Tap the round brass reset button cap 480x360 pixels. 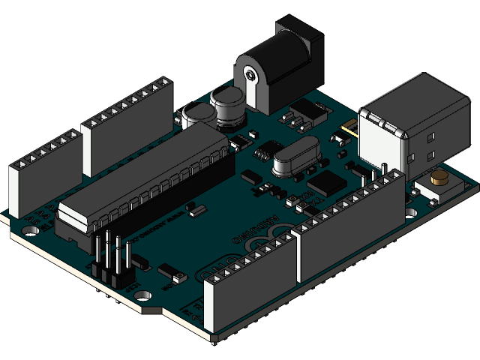point(439,178)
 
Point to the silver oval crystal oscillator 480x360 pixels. point(295,158)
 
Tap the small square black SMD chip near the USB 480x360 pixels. point(326,182)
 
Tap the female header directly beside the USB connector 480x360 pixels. point(352,225)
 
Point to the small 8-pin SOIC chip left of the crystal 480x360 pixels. point(263,153)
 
